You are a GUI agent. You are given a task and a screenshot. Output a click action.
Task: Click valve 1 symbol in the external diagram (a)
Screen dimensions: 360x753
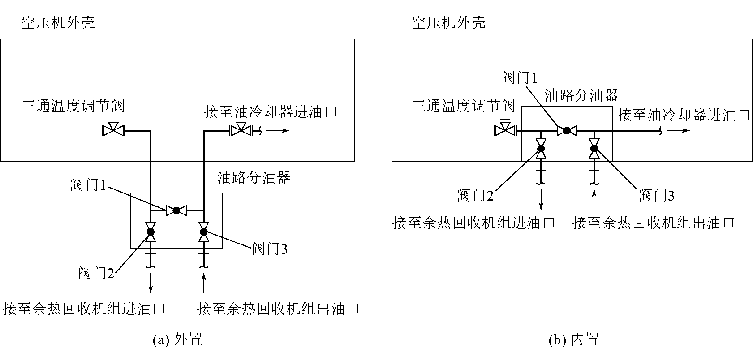176,210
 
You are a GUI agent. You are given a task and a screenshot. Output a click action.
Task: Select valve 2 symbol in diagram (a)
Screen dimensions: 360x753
151,231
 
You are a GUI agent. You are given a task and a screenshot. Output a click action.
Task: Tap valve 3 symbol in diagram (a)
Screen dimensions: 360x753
204,231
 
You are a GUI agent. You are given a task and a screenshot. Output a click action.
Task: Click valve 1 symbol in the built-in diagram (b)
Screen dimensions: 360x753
567,131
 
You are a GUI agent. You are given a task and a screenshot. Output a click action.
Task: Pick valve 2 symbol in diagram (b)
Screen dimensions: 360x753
541,148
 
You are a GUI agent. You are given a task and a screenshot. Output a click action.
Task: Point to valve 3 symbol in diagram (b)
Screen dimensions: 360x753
594,148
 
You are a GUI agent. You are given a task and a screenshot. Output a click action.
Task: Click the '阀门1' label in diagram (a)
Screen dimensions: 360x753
88,184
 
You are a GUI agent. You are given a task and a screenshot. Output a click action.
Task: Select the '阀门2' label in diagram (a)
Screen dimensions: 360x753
96,273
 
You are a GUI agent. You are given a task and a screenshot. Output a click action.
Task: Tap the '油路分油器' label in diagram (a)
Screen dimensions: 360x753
254,178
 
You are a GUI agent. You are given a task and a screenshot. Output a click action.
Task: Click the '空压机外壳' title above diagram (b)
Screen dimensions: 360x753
448,23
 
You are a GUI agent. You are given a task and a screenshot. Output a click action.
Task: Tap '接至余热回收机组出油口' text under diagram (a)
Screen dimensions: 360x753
278,309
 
